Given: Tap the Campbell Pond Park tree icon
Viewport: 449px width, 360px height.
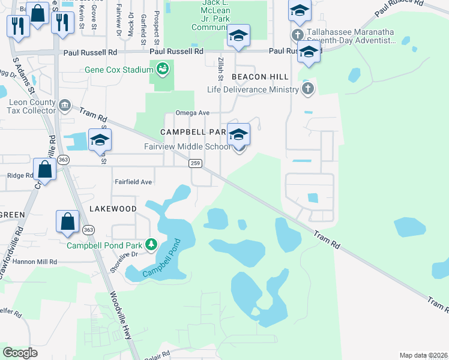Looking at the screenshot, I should click(152, 245).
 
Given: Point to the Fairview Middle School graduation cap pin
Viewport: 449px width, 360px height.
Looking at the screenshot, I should click(238, 136).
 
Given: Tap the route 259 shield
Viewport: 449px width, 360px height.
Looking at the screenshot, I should click(194, 163).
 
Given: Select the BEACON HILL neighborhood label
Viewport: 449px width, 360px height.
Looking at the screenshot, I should click(260, 77).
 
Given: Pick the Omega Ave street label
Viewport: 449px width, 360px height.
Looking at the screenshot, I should click(192, 113).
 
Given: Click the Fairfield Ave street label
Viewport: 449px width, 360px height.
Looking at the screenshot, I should click(133, 181).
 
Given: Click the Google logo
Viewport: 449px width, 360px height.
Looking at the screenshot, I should click(20, 353).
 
